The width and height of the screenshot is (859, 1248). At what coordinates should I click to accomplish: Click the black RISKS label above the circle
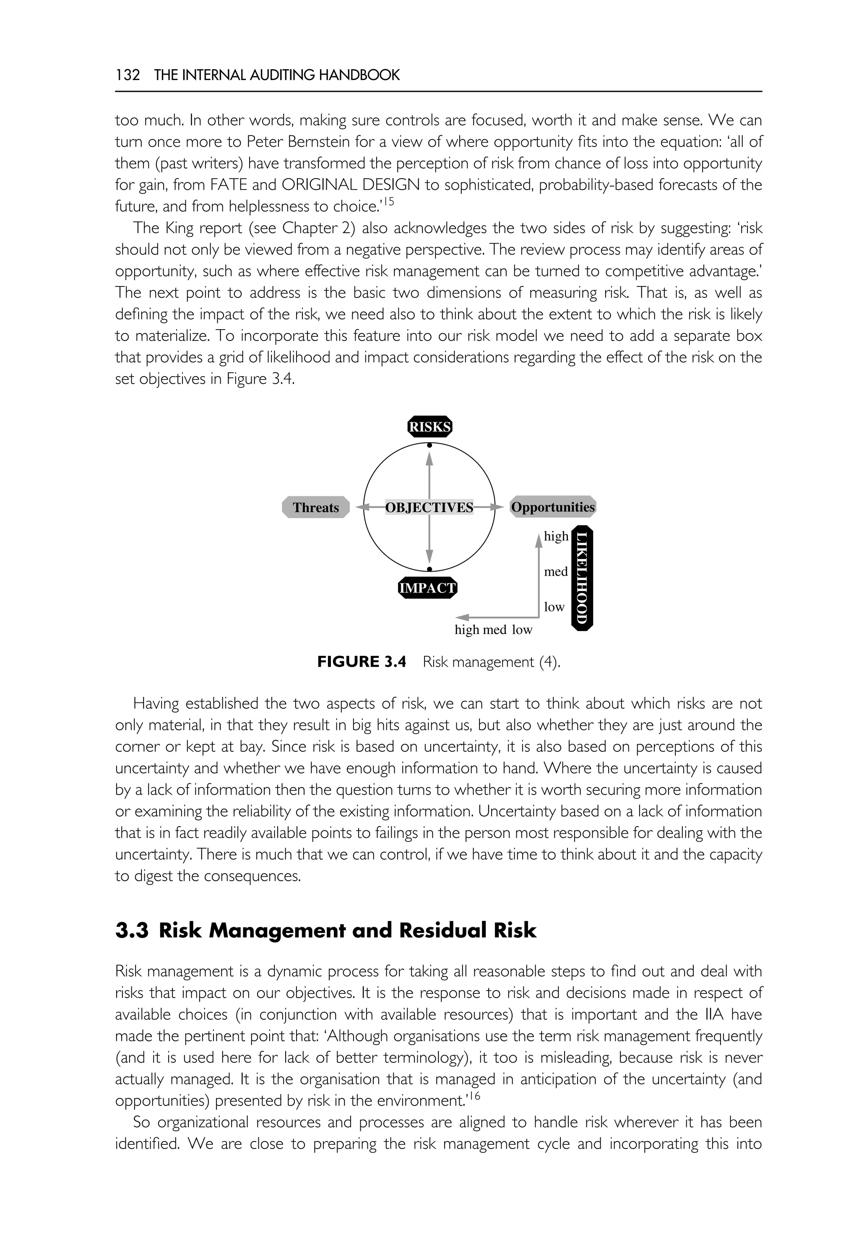tap(429, 427)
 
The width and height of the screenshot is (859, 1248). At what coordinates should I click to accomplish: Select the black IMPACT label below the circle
tap(427, 588)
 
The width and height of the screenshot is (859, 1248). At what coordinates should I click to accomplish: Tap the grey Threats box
tap(316, 507)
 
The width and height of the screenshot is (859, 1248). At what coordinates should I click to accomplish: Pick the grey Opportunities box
tap(553, 507)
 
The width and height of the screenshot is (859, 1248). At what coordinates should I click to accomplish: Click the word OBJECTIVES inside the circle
tap(429, 507)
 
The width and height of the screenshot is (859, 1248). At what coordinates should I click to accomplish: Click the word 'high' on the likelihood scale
tap(556, 536)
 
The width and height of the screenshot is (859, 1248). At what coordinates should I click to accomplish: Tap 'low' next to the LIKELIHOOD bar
tap(554, 607)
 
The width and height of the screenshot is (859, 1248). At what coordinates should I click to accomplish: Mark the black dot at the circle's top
tap(429, 445)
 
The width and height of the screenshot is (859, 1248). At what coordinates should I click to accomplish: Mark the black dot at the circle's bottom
tap(429, 569)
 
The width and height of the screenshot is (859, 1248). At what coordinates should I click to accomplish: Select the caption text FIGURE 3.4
tap(361, 662)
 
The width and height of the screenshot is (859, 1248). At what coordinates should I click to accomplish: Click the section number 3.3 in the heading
tap(131, 931)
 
